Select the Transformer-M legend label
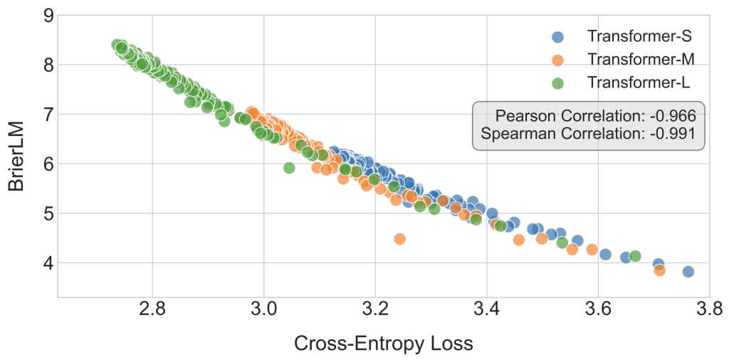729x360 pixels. pos(638,60)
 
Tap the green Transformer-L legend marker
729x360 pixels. pos(557,83)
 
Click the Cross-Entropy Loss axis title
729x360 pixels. pos(384,344)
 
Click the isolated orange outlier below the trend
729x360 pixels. pos(399,239)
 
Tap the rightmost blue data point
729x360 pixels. pos(688,272)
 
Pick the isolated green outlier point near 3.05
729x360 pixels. pos(289,168)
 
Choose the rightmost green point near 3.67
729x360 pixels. pos(635,256)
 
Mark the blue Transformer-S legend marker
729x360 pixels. pos(557,36)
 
